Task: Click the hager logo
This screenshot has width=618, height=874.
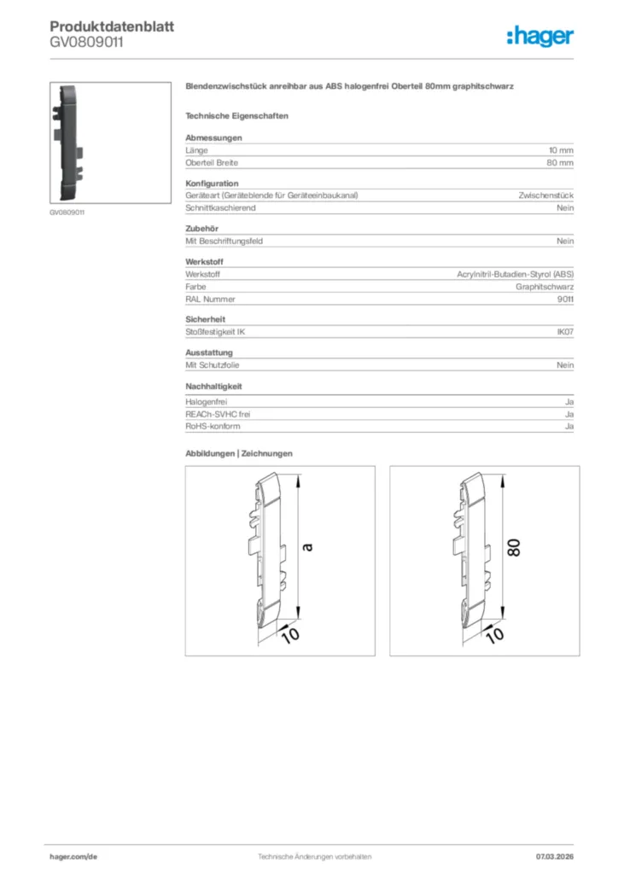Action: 539,36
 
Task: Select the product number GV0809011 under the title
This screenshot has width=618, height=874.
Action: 85,41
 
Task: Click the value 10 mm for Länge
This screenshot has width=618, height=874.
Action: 561,150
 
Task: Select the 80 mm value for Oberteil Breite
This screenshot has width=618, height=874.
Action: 560,162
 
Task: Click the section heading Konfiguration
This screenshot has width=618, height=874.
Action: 212,184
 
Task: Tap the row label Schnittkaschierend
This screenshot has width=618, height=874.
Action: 220,207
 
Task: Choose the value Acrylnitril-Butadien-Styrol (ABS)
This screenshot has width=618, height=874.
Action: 516,275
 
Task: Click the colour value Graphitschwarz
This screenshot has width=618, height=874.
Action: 545,287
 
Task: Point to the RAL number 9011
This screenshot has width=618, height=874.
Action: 565,300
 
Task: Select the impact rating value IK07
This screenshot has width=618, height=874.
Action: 564,332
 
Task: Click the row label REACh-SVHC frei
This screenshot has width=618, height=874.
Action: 218,414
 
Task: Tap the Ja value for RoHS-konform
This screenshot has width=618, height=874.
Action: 568,426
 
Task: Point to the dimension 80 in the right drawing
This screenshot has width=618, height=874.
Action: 514,547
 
